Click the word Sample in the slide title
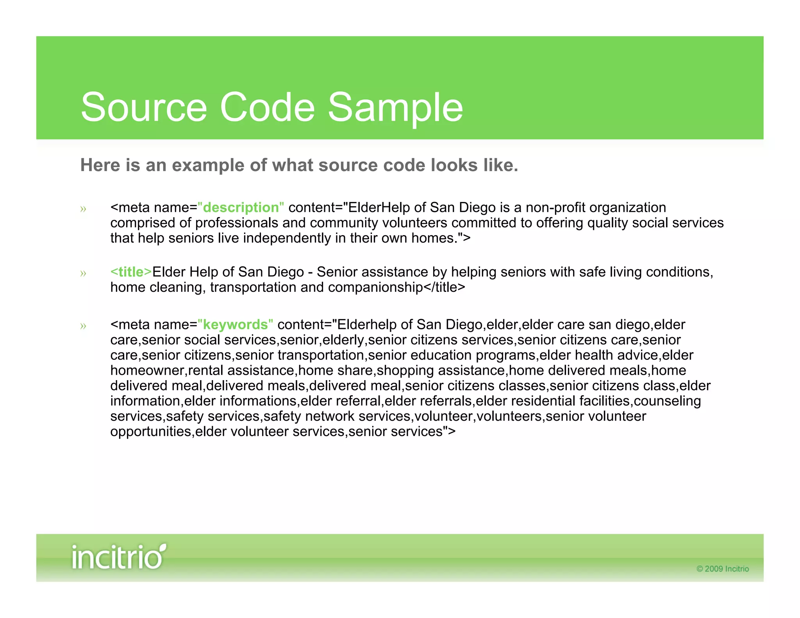[395, 107]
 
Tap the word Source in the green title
[143, 107]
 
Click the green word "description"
[241, 207]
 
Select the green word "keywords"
[235, 325]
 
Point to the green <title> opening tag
[131, 272]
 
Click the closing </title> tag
[445, 287]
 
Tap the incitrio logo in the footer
[118, 557]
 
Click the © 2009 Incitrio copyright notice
[722, 569]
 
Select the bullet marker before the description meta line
[83, 209]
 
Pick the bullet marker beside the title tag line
[83, 273]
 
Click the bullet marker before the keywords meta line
[83, 326]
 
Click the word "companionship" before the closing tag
[375, 287]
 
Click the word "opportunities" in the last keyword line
[150, 431]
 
